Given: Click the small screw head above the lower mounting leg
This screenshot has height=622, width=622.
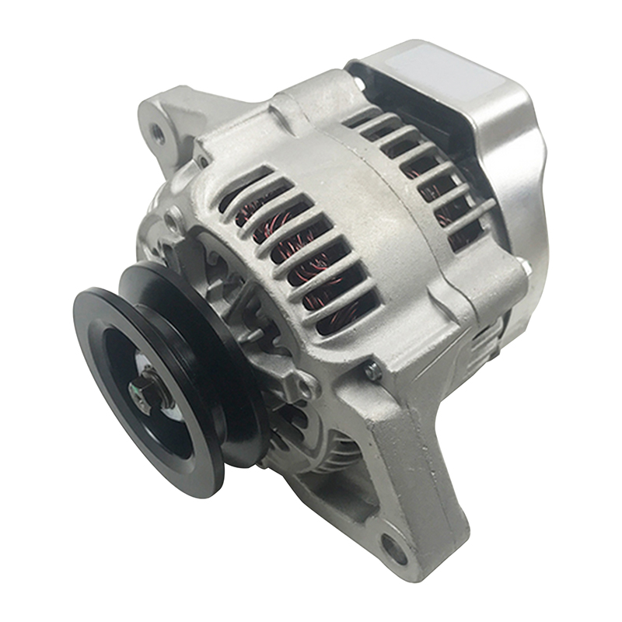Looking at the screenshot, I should tap(376, 372).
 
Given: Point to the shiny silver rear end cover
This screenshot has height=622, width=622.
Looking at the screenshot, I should tap(498, 155).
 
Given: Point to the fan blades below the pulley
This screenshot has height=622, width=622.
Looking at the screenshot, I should tap(327, 459).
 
